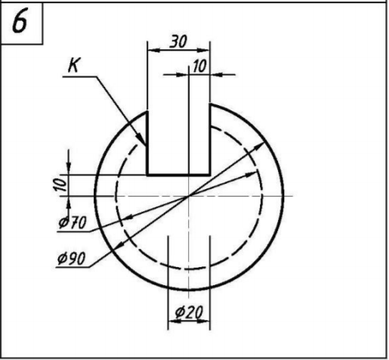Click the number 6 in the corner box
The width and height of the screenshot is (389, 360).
20,22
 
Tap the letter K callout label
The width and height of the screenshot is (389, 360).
73,65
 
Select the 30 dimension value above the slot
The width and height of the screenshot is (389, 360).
178,42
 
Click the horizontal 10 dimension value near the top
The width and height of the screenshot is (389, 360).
199,67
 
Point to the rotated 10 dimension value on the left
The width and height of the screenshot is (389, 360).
60,185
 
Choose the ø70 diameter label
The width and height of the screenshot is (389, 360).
73,222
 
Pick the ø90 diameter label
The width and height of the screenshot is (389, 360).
72,258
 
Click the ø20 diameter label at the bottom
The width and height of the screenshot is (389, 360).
189,312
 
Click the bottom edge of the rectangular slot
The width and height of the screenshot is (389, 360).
178,174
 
